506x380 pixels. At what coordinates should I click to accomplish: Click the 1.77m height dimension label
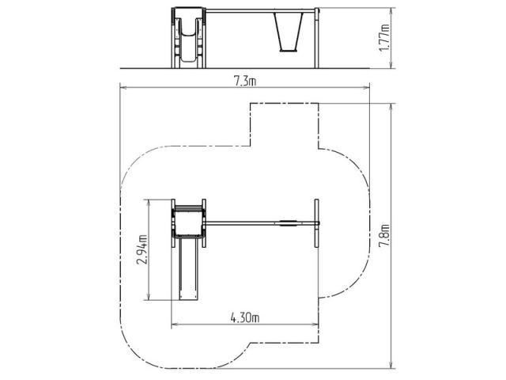tap(384, 37)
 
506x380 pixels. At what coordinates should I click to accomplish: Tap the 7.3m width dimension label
tap(245, 81)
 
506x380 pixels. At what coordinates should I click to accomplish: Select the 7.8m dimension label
tap(384, 235)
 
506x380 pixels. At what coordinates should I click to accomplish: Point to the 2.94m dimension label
tap(142, 249)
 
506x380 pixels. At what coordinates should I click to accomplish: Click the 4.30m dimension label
tap(245, 318)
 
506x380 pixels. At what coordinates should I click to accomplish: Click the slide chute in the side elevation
tap(187, 40)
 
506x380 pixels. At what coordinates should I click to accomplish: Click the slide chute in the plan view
tap(188, 268)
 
